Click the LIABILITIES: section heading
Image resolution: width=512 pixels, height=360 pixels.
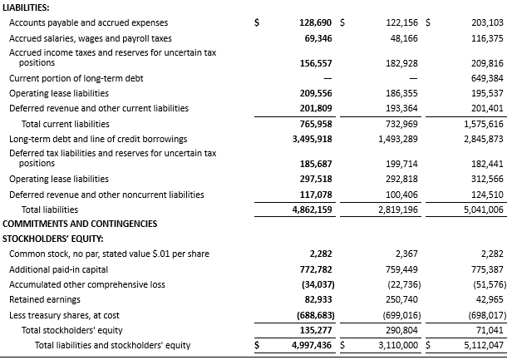pos(26,7)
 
